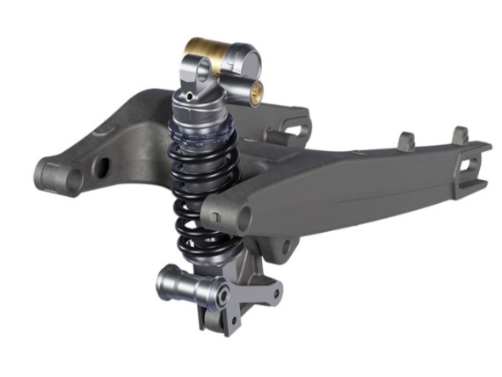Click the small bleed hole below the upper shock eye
coord(191,95)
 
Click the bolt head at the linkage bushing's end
coord(222,294)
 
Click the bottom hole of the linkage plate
coord(229,327)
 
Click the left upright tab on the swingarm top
coord(407,141)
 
